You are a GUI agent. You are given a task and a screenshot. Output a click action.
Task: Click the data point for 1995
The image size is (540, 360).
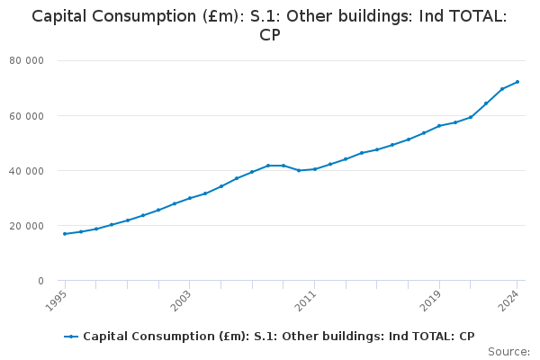pos(65,234)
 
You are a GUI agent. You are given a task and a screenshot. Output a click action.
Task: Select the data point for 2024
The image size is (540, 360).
pos(517,82)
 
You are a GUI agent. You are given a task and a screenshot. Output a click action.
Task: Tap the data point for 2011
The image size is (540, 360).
pos(314,169)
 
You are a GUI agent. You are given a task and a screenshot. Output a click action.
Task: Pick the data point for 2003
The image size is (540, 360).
pos(190,198)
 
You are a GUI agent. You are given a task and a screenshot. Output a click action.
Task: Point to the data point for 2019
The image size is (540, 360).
pos(439,126)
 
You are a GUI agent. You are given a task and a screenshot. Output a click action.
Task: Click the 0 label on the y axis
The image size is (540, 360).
pos(40,281)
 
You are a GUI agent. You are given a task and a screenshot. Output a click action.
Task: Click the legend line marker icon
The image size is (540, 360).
pos(71,337)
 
